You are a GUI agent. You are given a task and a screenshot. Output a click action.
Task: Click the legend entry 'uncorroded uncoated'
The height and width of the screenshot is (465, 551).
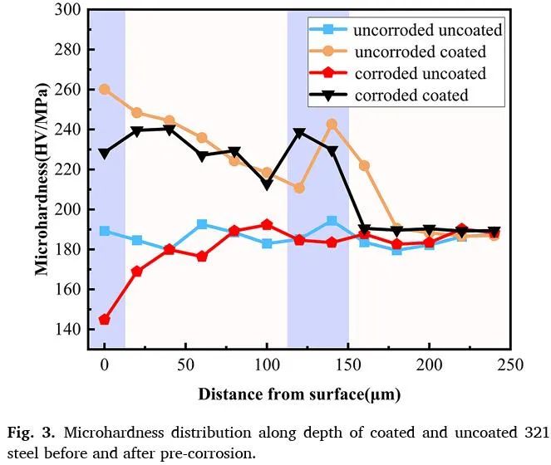click(x=427, y=31)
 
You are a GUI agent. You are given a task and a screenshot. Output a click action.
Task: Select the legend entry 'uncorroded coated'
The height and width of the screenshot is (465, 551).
click(x=419, y=52)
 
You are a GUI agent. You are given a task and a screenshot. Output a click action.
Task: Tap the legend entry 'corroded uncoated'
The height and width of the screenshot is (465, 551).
click(x=420, y=74)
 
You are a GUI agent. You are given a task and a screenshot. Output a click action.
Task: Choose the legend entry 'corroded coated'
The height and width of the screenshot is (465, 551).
click(x=411, y=95)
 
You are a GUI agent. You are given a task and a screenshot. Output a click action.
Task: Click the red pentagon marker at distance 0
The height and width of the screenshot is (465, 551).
click(x=105, y=320)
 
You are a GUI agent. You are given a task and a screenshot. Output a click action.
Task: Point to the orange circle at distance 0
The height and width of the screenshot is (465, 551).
click(x=105, y=89)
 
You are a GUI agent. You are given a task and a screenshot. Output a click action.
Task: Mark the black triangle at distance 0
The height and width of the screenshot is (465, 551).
click(x=105, y=154)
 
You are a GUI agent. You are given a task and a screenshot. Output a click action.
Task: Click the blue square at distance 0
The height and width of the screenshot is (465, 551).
click(x=105, y=231)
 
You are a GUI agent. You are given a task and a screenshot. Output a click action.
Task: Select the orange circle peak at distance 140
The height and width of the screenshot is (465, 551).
click(x=332, y=125)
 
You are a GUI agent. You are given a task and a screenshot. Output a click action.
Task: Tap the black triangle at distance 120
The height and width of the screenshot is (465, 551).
click(x=299, y=133)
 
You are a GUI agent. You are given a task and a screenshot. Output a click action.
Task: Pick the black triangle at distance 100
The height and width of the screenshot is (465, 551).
click(x=267, y=184)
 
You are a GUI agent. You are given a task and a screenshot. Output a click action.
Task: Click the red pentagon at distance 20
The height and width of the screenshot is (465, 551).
click(x=137, y=272)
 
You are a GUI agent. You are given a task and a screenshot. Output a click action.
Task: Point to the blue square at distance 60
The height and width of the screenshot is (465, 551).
click(x=202, y=224)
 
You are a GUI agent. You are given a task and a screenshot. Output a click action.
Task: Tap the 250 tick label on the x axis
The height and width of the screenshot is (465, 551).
click(x=510, y=364)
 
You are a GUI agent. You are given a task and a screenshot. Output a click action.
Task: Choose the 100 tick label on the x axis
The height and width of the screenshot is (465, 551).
click(x=267, y=364)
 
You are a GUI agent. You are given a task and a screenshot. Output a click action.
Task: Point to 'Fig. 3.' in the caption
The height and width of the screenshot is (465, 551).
click(x=31, y=433)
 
